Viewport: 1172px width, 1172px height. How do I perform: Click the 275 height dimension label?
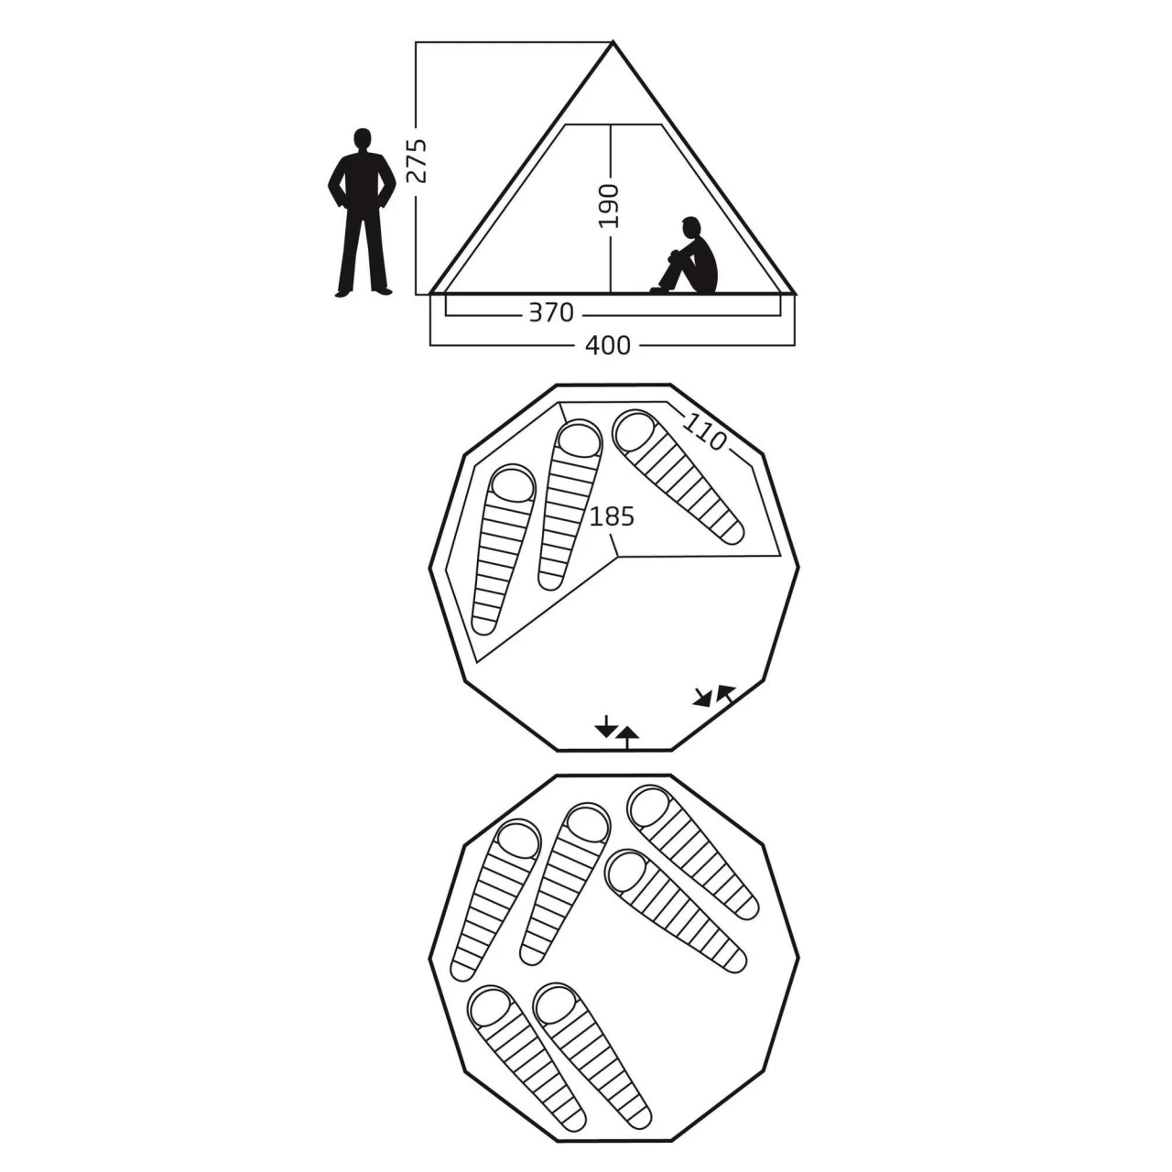click(x=417, y=160)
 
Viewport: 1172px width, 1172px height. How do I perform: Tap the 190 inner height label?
click(x=608, y=206)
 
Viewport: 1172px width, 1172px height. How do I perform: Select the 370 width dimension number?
click(x=551, y=312)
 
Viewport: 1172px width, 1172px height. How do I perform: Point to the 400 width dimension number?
click(x=608, y=345)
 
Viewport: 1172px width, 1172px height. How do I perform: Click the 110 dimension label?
click(x=704, y=430)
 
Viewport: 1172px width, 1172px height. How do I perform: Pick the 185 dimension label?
click(x=612, y=516)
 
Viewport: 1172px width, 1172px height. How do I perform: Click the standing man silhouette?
click(x=362, y=212)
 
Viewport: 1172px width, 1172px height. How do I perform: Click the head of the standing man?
click(x=362, y=138)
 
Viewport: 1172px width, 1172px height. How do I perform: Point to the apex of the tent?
click(x=613, y=41)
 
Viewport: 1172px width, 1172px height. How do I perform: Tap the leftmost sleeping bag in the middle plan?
click(x=503, y=550)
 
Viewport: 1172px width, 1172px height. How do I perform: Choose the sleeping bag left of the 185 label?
click(x=570, y=505)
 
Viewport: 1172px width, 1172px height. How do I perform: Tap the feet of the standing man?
click(x=362, y=293)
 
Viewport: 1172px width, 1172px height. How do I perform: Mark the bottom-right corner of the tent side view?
click(x=795, y=294)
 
